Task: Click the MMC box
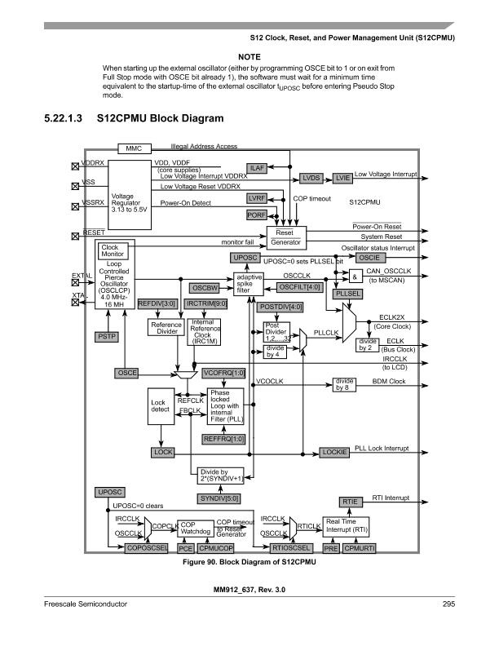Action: pos(134,148)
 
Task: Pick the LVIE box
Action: pos(342,177)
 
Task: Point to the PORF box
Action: pos(258,215)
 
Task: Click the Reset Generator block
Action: pos(285,237)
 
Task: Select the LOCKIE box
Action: pos(334,451)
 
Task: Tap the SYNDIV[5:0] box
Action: pos(219,497)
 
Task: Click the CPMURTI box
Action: pos(360,549)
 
